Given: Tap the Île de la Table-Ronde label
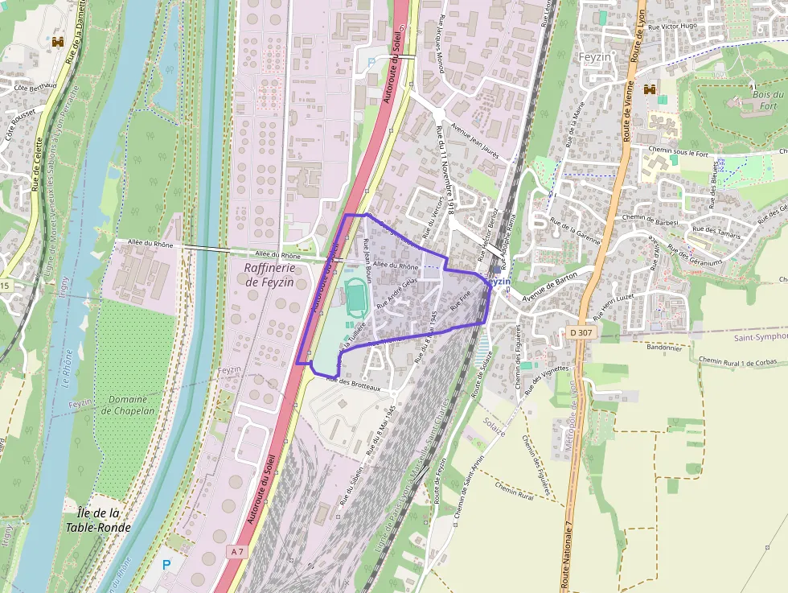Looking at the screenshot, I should coord(94,521).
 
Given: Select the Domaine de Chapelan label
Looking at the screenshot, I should coord(128,405).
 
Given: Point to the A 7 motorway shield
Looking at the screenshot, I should coord(236,552).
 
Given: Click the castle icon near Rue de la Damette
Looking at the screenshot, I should coord(58,42).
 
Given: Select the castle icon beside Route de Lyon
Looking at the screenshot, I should coord(649,89).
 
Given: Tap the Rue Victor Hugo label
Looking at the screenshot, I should coord(673,27).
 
